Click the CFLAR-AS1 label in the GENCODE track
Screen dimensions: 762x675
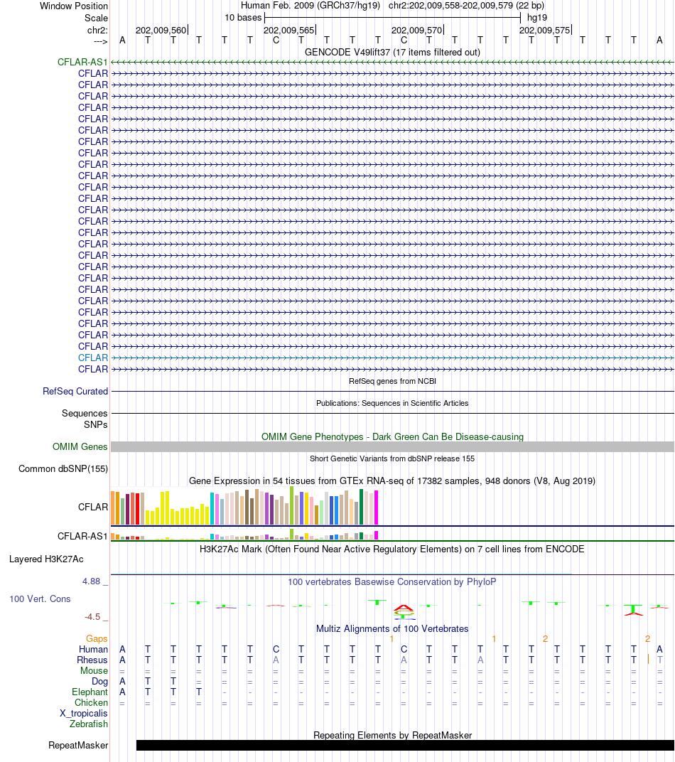point(82,62)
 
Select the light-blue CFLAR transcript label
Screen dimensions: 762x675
point(93,358)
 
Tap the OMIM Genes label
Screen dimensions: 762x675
point(80,446)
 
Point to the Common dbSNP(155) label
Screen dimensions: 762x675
point(63,468)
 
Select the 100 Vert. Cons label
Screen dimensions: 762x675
point(40,599)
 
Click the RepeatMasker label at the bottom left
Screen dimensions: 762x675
point(78,745)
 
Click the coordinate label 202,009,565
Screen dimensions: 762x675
point(288,31)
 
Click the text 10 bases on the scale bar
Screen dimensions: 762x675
point(243,17)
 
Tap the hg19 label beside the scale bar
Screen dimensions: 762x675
point(537,17)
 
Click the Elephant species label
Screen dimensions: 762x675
point(90,692)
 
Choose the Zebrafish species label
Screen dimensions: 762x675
point(89,724)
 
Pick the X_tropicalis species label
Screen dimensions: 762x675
point(84,713)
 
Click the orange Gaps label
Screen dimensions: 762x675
point(97,638)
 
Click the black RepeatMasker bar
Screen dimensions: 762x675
point(405,745)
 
